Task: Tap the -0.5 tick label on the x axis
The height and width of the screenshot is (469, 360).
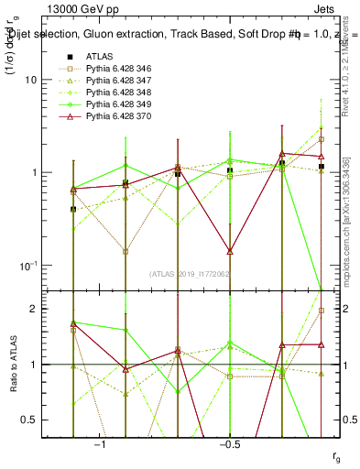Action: tap(228, 444)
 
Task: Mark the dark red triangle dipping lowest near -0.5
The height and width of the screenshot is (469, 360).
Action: tap(230, 250)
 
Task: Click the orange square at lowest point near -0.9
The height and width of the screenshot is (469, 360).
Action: tap(125, 251)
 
